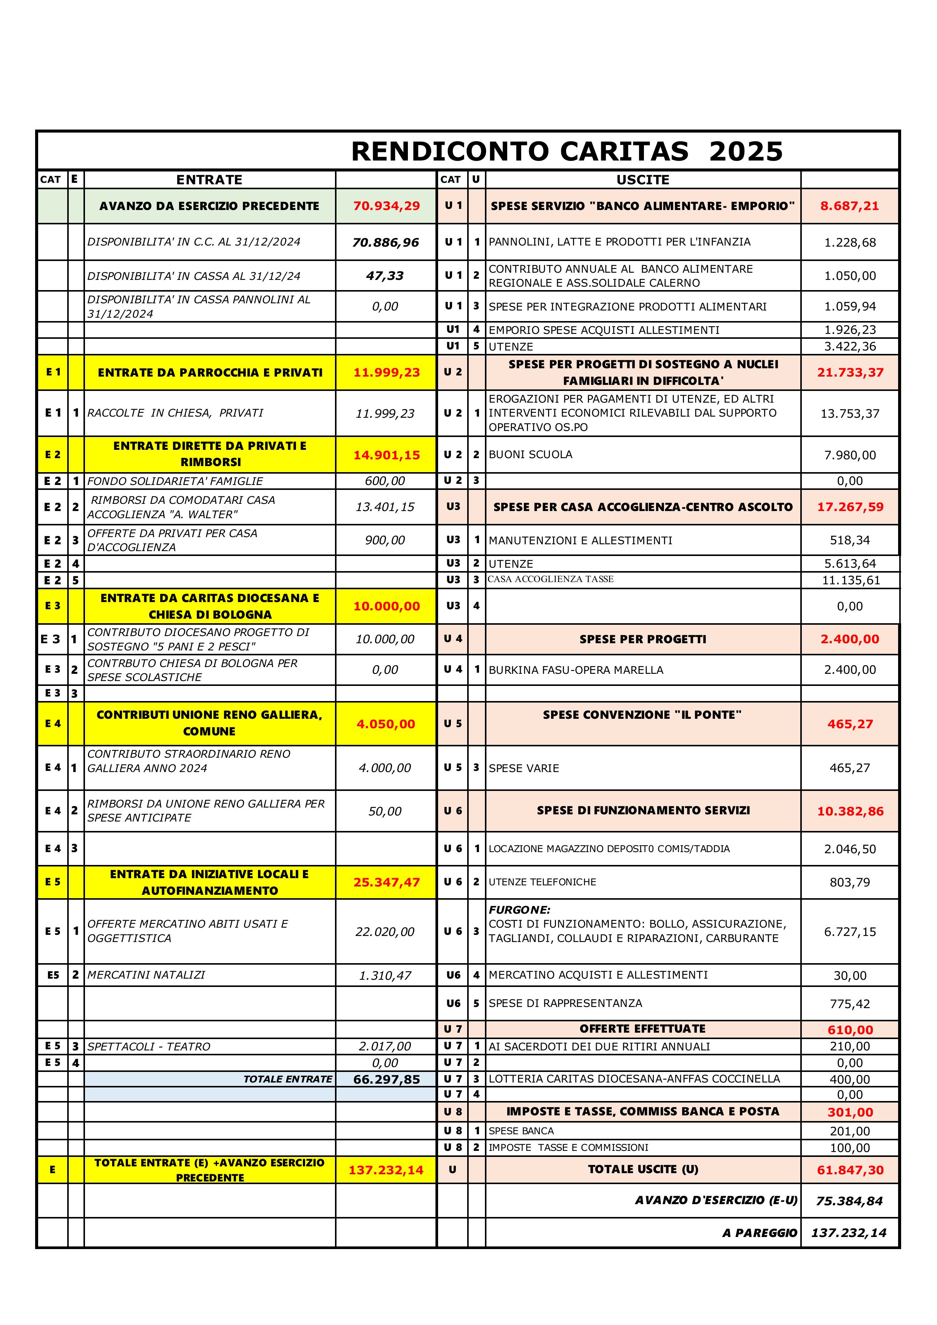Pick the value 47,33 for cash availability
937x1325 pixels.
click(385, 276)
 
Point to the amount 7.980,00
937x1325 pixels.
click(849, 455)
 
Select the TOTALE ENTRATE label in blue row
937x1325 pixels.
click(287, 1079)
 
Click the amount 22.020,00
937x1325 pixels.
click(385, 932)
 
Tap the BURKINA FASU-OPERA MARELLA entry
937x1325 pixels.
click(576, 670)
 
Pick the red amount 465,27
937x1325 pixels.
click(850, 724)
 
